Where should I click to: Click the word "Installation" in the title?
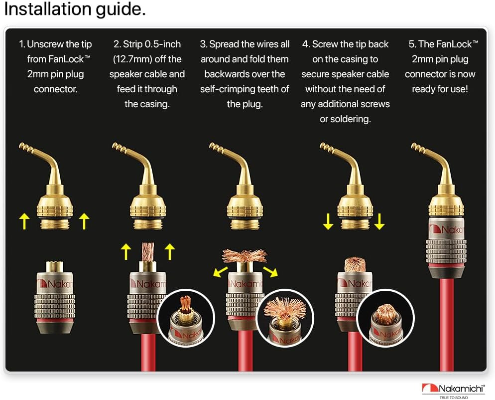tap(48, 8)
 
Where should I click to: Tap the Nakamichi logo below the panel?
tap(453, 391)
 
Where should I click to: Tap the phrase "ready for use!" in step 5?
tap(440, 89)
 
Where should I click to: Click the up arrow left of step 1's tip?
tap(24, 221)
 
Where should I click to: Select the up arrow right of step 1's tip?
tap(84, 221)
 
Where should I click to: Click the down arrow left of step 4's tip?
tap(328, 221)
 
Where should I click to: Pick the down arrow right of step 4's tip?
tap(379, 221)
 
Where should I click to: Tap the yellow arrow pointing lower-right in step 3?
tap(270, 271)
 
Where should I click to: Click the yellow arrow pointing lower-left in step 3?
tap(221, 271)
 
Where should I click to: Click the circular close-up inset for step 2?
tap(186, 318)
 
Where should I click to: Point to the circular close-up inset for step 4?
tap(385, 318)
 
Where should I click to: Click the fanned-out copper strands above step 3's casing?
tap(245, 255)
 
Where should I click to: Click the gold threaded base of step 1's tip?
tap(55, 224)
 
